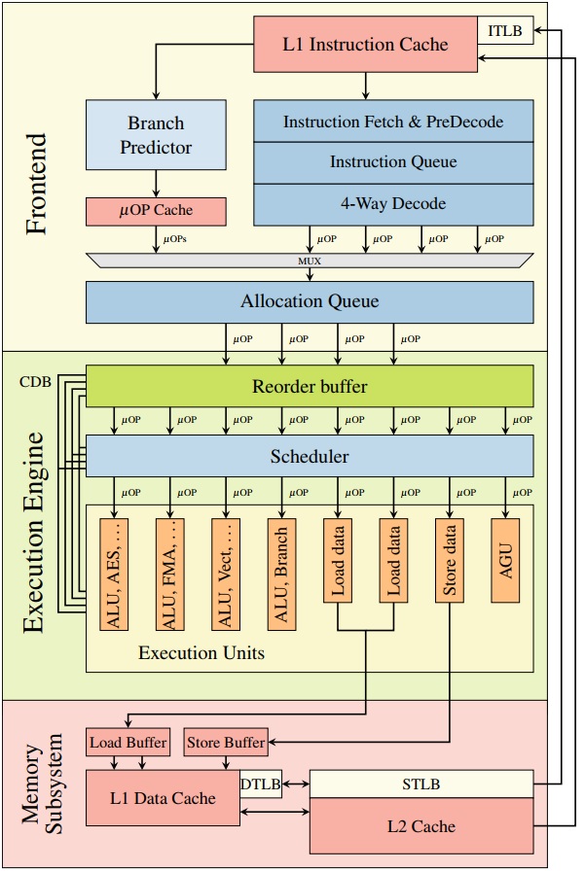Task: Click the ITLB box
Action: coord(505,30)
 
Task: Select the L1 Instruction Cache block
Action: coord(365,45)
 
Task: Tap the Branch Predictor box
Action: coord(156,135)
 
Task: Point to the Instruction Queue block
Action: coord(393,162)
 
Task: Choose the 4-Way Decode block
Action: coord(393,204)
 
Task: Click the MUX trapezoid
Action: coord(310,261)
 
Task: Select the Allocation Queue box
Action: coord(310,302)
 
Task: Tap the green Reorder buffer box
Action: coord(310,386)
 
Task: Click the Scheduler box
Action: coord(310,456)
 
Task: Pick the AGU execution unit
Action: coord(505,561)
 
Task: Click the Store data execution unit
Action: coord(450,561)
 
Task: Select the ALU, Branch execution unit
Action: coord(281,575)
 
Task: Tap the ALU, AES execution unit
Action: coord(114,575)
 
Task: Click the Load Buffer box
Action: coord(128,742)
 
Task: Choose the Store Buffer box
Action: coord(226,742)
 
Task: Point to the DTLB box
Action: coord(261,784)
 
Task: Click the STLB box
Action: coord(421,784)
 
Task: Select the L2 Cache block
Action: coord(421,826)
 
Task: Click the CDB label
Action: coord(35,382)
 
